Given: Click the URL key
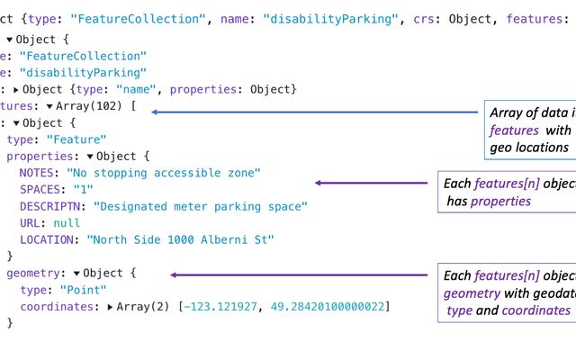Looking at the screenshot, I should (30, 223).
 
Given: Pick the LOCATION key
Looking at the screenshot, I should (49, 240).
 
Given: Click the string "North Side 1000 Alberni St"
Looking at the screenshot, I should (180, 240).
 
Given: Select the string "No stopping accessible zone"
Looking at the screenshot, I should (164, 172).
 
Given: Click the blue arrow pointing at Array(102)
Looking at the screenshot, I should (315, 112).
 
